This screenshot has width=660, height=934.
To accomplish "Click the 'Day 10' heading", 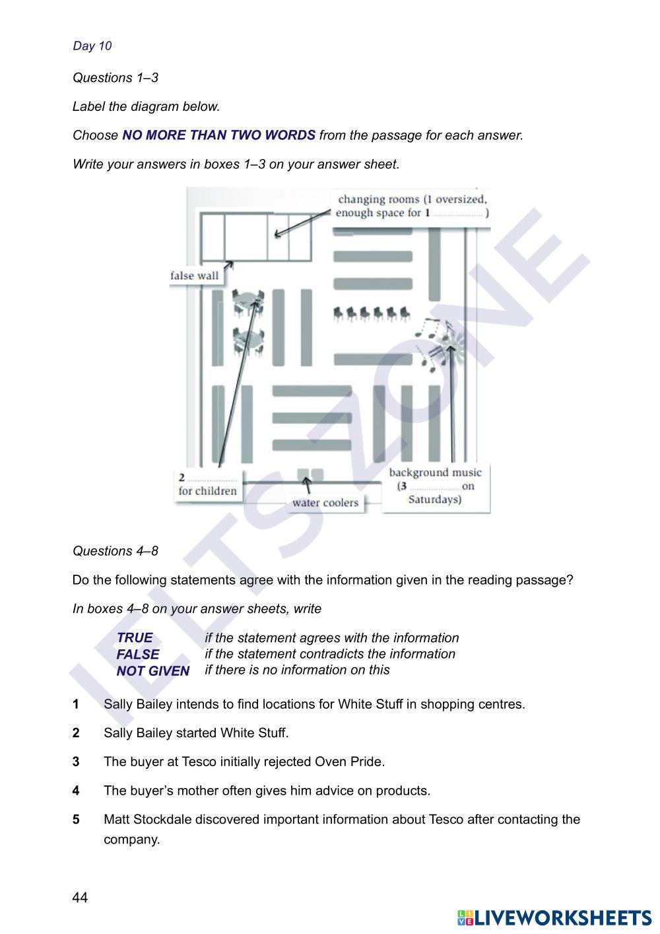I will (92, 46).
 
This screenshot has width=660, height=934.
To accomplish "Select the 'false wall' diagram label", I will (194, 275).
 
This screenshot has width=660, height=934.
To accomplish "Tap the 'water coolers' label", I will (325, 503).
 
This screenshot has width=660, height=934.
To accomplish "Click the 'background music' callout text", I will (435, 472).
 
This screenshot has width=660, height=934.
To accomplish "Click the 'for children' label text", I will (207, 491).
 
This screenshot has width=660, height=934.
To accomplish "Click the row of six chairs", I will (372, 312).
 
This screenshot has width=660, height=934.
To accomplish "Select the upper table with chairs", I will (248, 302).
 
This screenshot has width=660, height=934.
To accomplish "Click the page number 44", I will (80, 897).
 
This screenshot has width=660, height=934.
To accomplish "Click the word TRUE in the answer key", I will (135, 638).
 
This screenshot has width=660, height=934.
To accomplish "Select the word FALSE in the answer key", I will (138, 655).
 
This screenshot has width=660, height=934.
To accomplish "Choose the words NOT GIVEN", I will (153, 671).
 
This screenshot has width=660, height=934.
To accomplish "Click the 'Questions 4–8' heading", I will (115, 551).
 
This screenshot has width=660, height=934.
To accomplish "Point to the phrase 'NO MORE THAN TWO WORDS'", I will (218, 135).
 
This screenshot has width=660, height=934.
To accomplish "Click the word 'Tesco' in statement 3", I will (197, 762).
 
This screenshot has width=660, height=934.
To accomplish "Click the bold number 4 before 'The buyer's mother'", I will (77, 791).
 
